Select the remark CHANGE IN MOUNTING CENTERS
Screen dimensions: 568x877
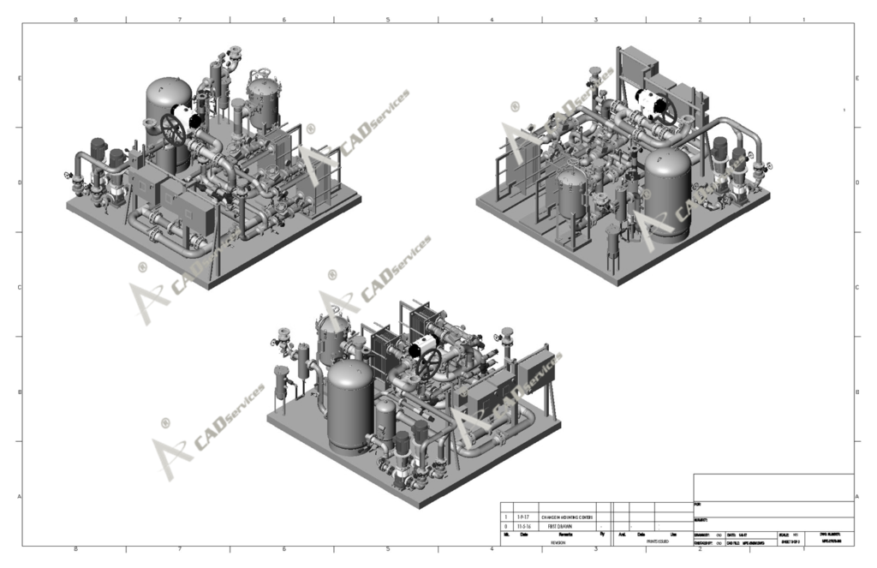[567, 517]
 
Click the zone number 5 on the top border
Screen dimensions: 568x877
[387, 19]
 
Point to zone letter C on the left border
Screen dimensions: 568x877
[19, 287]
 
